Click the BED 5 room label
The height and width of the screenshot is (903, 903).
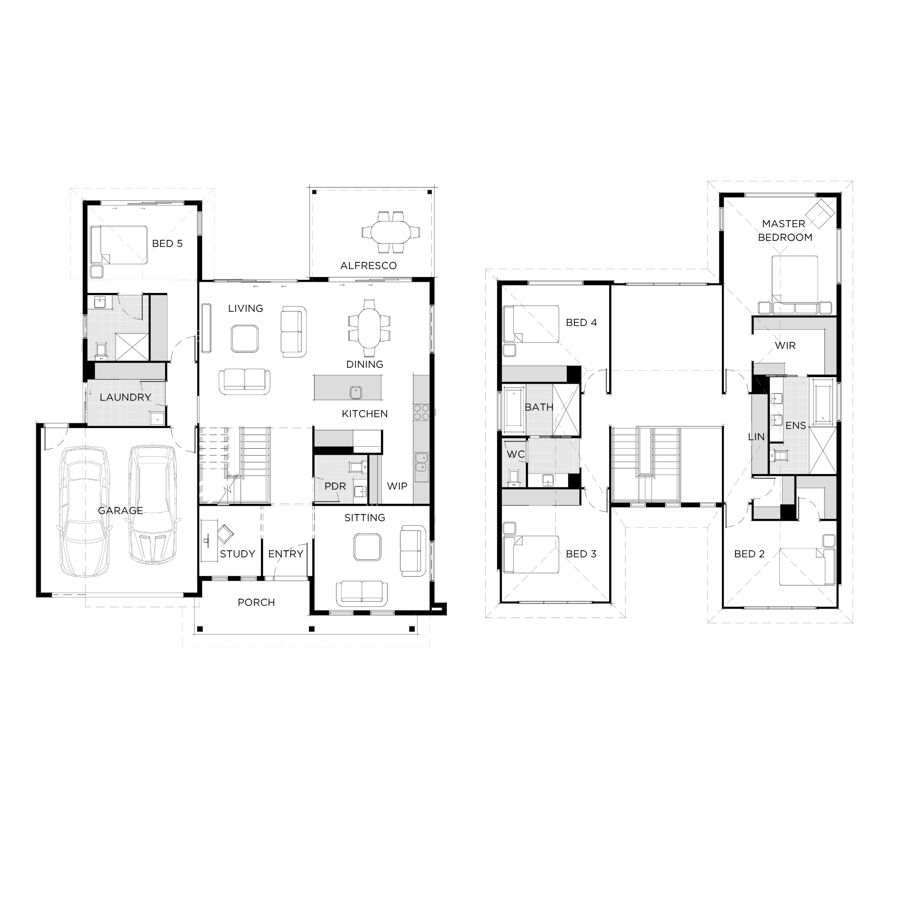[x=167, y=244]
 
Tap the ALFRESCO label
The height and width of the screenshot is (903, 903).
[x=368, y=266]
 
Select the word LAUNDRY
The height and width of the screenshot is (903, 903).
[x=125, y=397]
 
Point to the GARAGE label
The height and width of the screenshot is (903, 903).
[x=120, y=511]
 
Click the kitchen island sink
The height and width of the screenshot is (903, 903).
[x=356, y=392]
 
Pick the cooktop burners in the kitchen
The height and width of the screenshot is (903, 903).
[x=421, y=412]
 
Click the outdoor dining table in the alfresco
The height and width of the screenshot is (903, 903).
[x=390, y=232]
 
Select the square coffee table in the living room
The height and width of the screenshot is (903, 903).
[x=245, y=339]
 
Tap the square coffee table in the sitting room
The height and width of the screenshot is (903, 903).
[x=367, y=547]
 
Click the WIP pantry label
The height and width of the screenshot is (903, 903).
[x=397, y=486]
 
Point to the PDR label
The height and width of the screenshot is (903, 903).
[x=335, y=486]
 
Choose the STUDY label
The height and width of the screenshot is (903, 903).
[x=238, y=554]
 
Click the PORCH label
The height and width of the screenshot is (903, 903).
[x=256, y=602]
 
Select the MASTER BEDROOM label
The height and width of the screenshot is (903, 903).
[x=785, y=230]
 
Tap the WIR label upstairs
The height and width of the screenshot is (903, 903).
[x=785, y=346]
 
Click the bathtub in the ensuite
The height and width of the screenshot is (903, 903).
[x=823, y=404]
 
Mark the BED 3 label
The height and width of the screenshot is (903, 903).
[x=581, y=554]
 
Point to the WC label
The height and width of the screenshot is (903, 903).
[x=515, y=454]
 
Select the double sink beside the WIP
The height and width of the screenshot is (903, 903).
[x=421, y=462]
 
